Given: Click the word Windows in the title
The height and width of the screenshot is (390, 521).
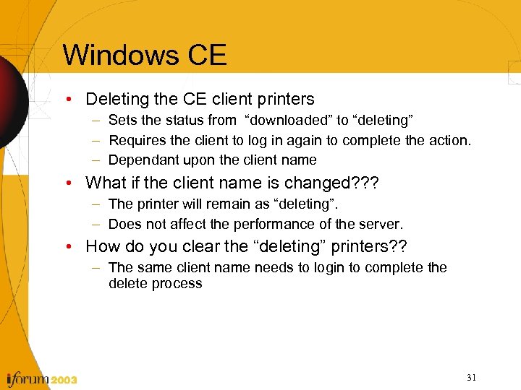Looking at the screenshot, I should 121,55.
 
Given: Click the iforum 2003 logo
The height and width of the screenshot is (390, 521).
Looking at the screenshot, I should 41,378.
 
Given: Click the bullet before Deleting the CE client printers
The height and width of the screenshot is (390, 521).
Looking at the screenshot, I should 76,99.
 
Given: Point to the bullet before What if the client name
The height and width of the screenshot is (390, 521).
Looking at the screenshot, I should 76,183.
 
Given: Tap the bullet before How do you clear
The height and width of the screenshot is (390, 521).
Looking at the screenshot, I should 76,247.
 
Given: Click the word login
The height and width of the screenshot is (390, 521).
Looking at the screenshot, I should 327,268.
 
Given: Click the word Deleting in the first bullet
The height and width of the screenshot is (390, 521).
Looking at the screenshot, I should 119,99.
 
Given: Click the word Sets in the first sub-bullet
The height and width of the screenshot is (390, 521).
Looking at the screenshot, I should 122,120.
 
